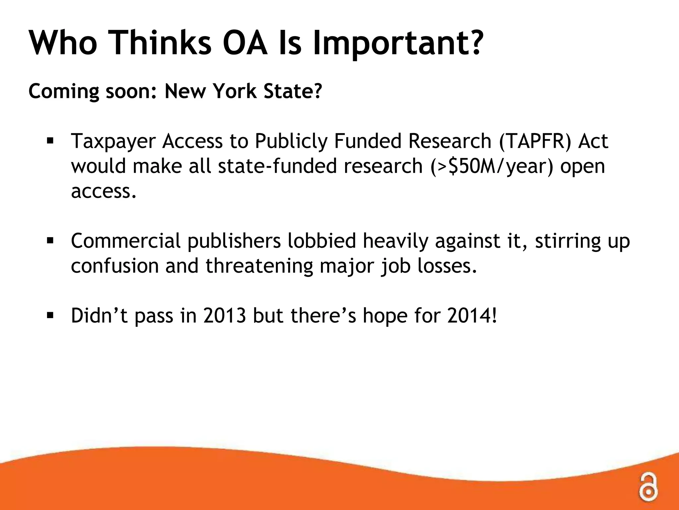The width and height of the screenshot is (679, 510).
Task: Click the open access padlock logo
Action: click(648, 486)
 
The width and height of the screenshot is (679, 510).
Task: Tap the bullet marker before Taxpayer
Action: click(50, 141)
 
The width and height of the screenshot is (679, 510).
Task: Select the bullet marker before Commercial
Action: click(50, 240)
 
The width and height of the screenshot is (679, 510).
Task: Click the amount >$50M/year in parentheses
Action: click(492, 166)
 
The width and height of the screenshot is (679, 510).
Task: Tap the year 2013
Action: click(225, 315)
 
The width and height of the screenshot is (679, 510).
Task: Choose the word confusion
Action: click(115, 266)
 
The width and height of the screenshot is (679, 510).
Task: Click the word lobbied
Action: click(322, 241)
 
